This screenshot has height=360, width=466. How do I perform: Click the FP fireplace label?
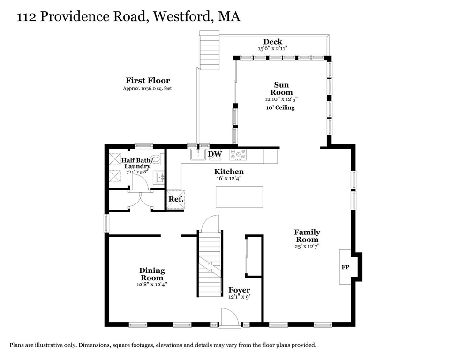click(345, 267)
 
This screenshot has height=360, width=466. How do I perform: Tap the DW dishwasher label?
click(215, 154)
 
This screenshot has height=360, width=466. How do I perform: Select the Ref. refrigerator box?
click(176, 199)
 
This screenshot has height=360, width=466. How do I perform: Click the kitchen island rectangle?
click(239, 197)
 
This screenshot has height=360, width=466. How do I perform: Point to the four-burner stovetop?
click(238, 154)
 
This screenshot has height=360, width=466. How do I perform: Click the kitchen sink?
click(198, 155)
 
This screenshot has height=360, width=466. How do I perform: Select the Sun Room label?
click(281, 89)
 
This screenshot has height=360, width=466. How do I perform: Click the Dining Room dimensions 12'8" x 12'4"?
click(152, 284)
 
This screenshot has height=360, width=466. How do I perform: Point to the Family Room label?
click(307, 236)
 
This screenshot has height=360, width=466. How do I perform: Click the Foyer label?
click(239, 290)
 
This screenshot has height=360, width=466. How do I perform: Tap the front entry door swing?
click(229, 318)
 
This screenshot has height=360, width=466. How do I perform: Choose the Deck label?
click(272, 42)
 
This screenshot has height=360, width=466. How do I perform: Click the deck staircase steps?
click(209, 50)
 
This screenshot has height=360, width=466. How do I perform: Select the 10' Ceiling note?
click(280, 108)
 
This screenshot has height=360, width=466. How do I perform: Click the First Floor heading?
click(148, 81)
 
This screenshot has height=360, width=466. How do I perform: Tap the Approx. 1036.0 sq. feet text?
click(147, 88)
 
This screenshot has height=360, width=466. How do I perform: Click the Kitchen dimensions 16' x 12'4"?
click(229, 179)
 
